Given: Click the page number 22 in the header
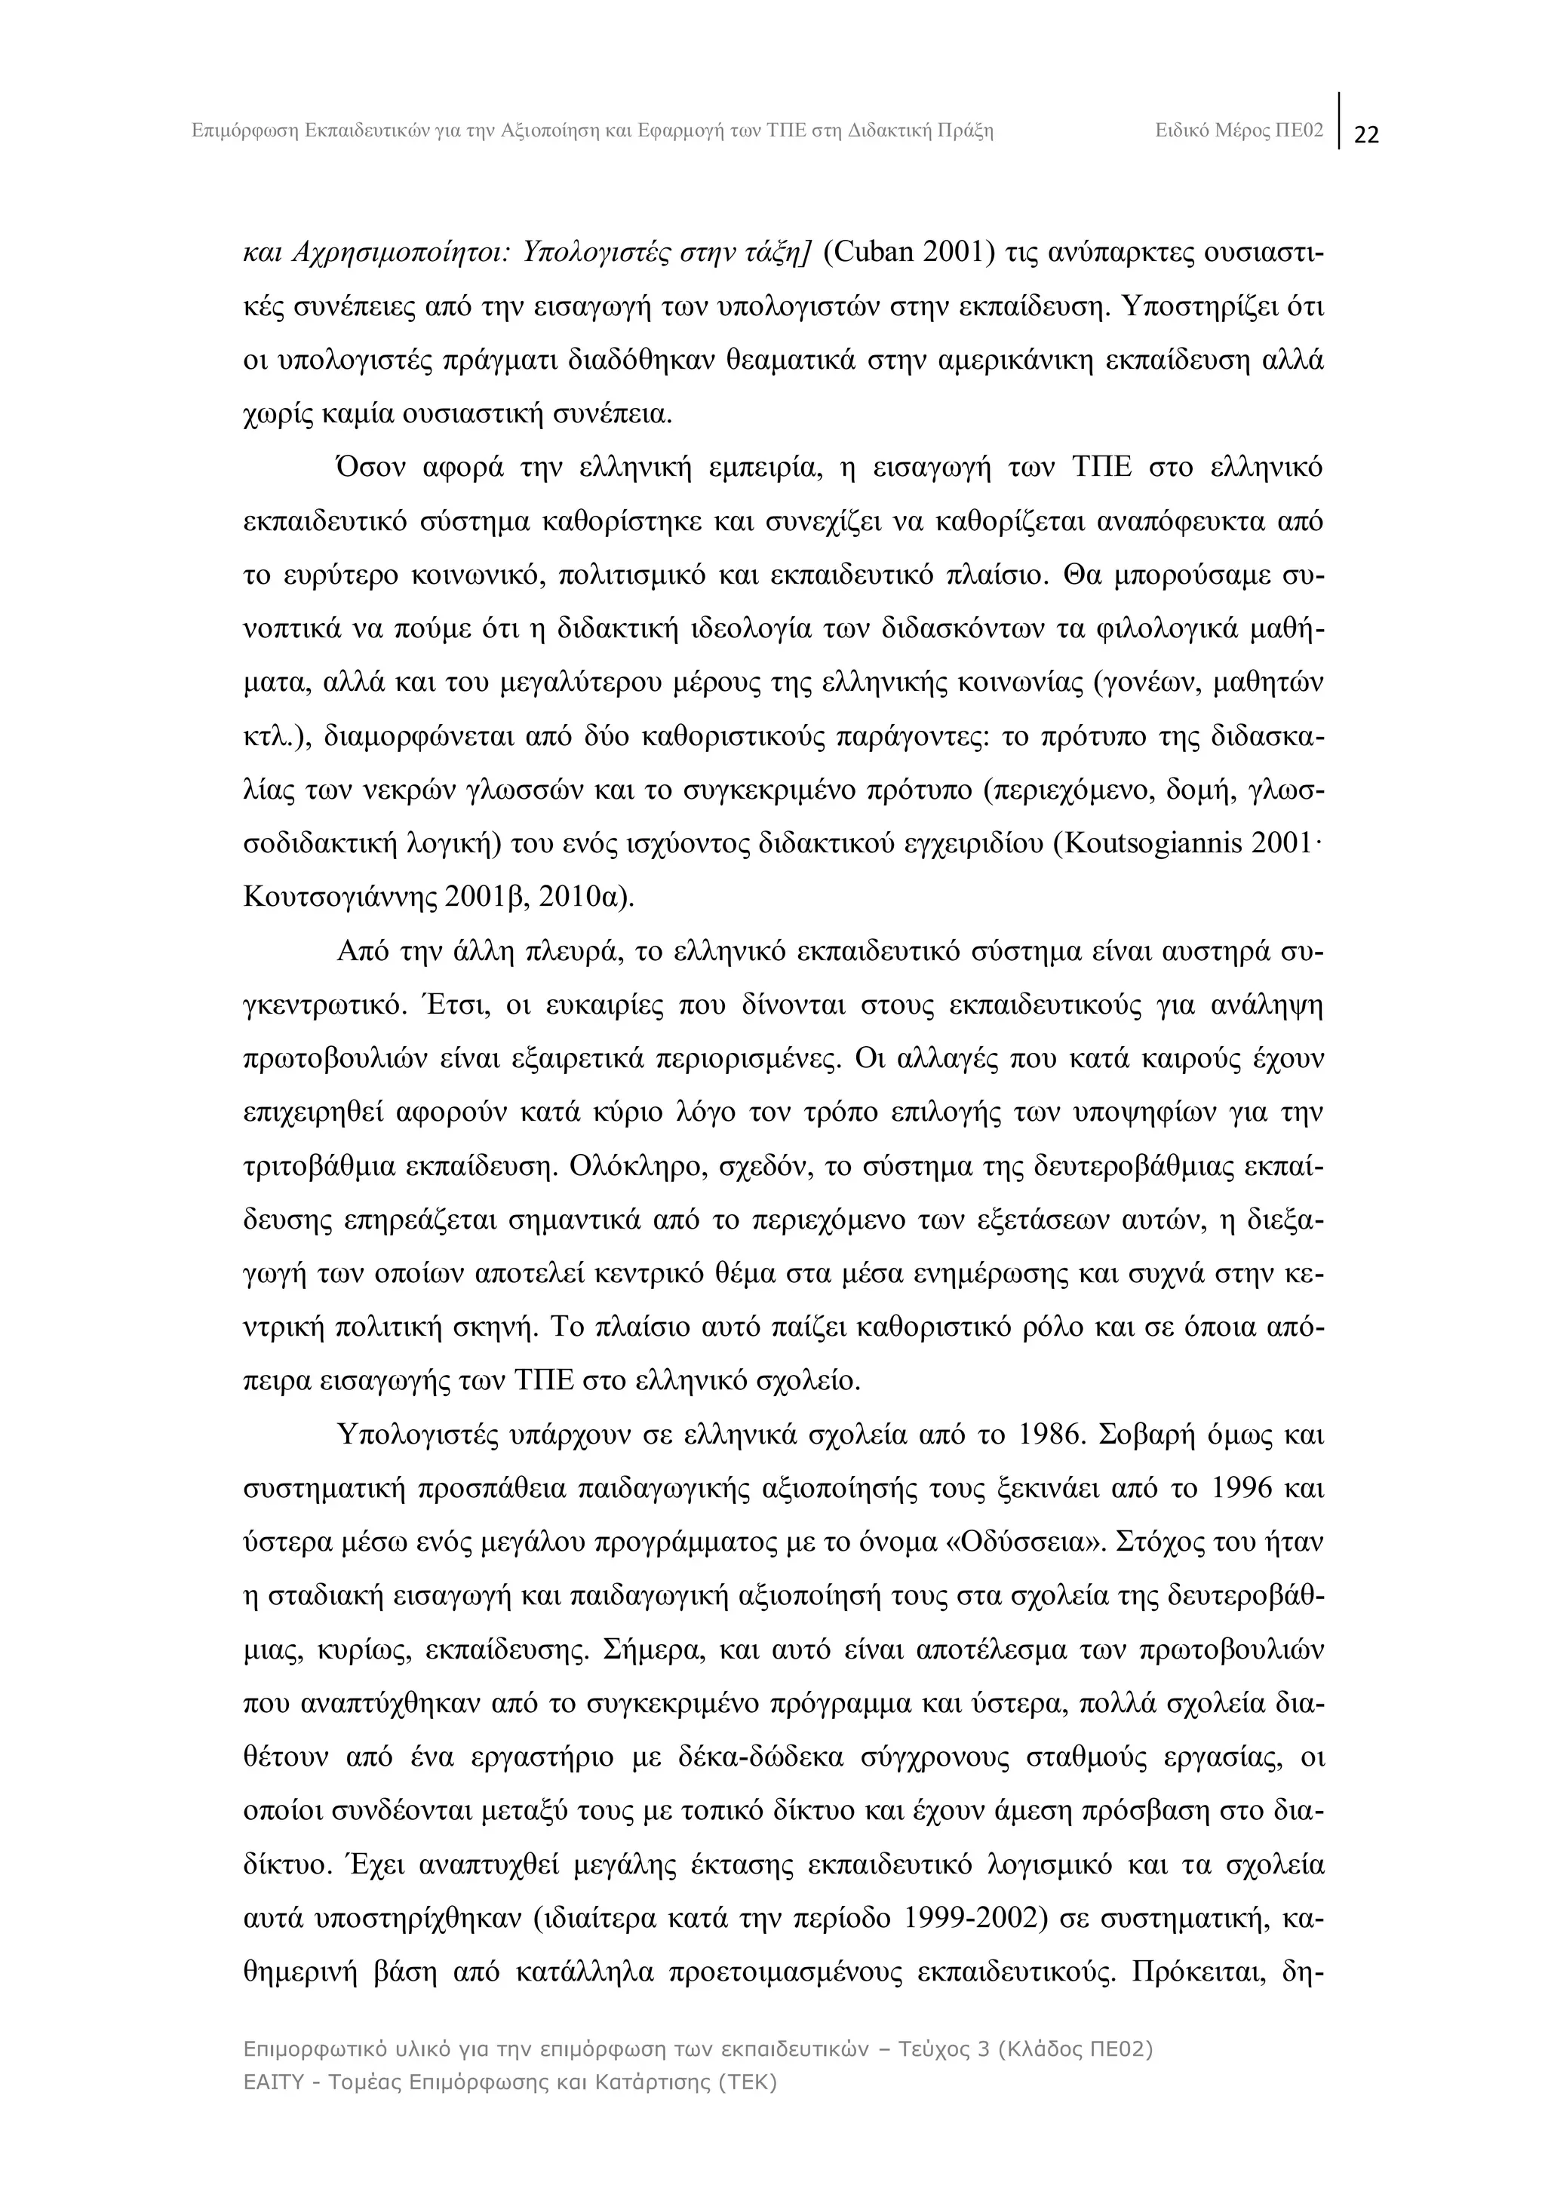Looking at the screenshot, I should tap(1366, 135).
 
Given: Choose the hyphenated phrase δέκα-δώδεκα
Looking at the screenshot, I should tap(756, 1757).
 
